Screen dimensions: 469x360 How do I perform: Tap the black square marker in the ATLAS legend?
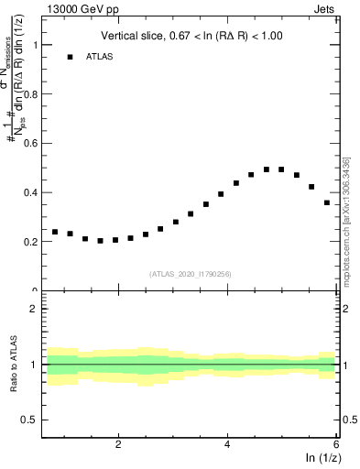pos(70,57)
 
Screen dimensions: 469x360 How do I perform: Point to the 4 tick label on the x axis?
pos(227,444)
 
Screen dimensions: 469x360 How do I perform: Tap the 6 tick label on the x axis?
pos(336,444)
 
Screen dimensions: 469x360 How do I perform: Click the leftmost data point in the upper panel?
pos(55,232)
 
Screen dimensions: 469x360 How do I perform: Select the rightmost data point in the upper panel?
pos(327,202)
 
